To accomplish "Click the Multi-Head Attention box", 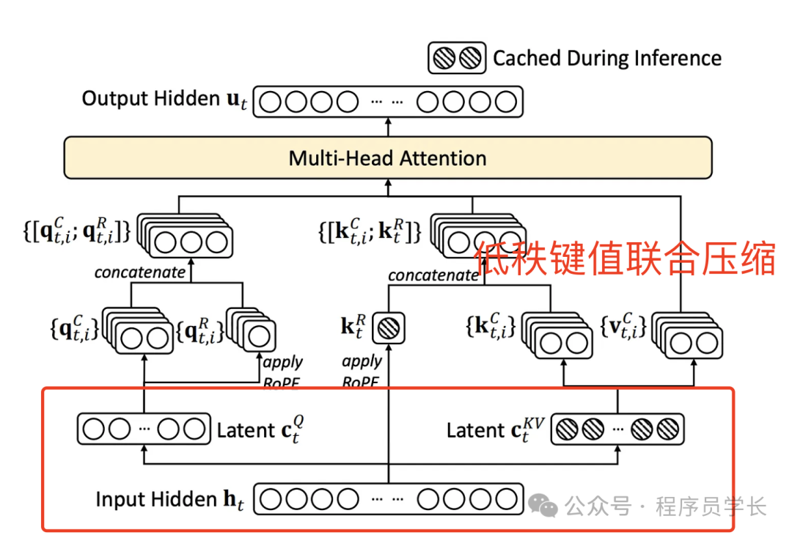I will tap(388, 158).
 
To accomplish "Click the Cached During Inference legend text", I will tap(607, 59).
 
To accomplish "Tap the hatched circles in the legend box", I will tap(457, 59).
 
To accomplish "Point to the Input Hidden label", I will tap(167, 500).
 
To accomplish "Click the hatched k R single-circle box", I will tap(387, 327).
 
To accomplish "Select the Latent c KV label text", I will tap(496, 429).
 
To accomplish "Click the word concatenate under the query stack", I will tap(140, 272).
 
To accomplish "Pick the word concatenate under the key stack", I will tap(433, 275).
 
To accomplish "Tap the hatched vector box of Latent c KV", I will tap(617, 429).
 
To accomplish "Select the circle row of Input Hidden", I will tap(388, 500).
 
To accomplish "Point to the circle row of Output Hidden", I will tap(388, 101).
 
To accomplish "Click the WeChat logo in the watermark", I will tap(543, 505).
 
